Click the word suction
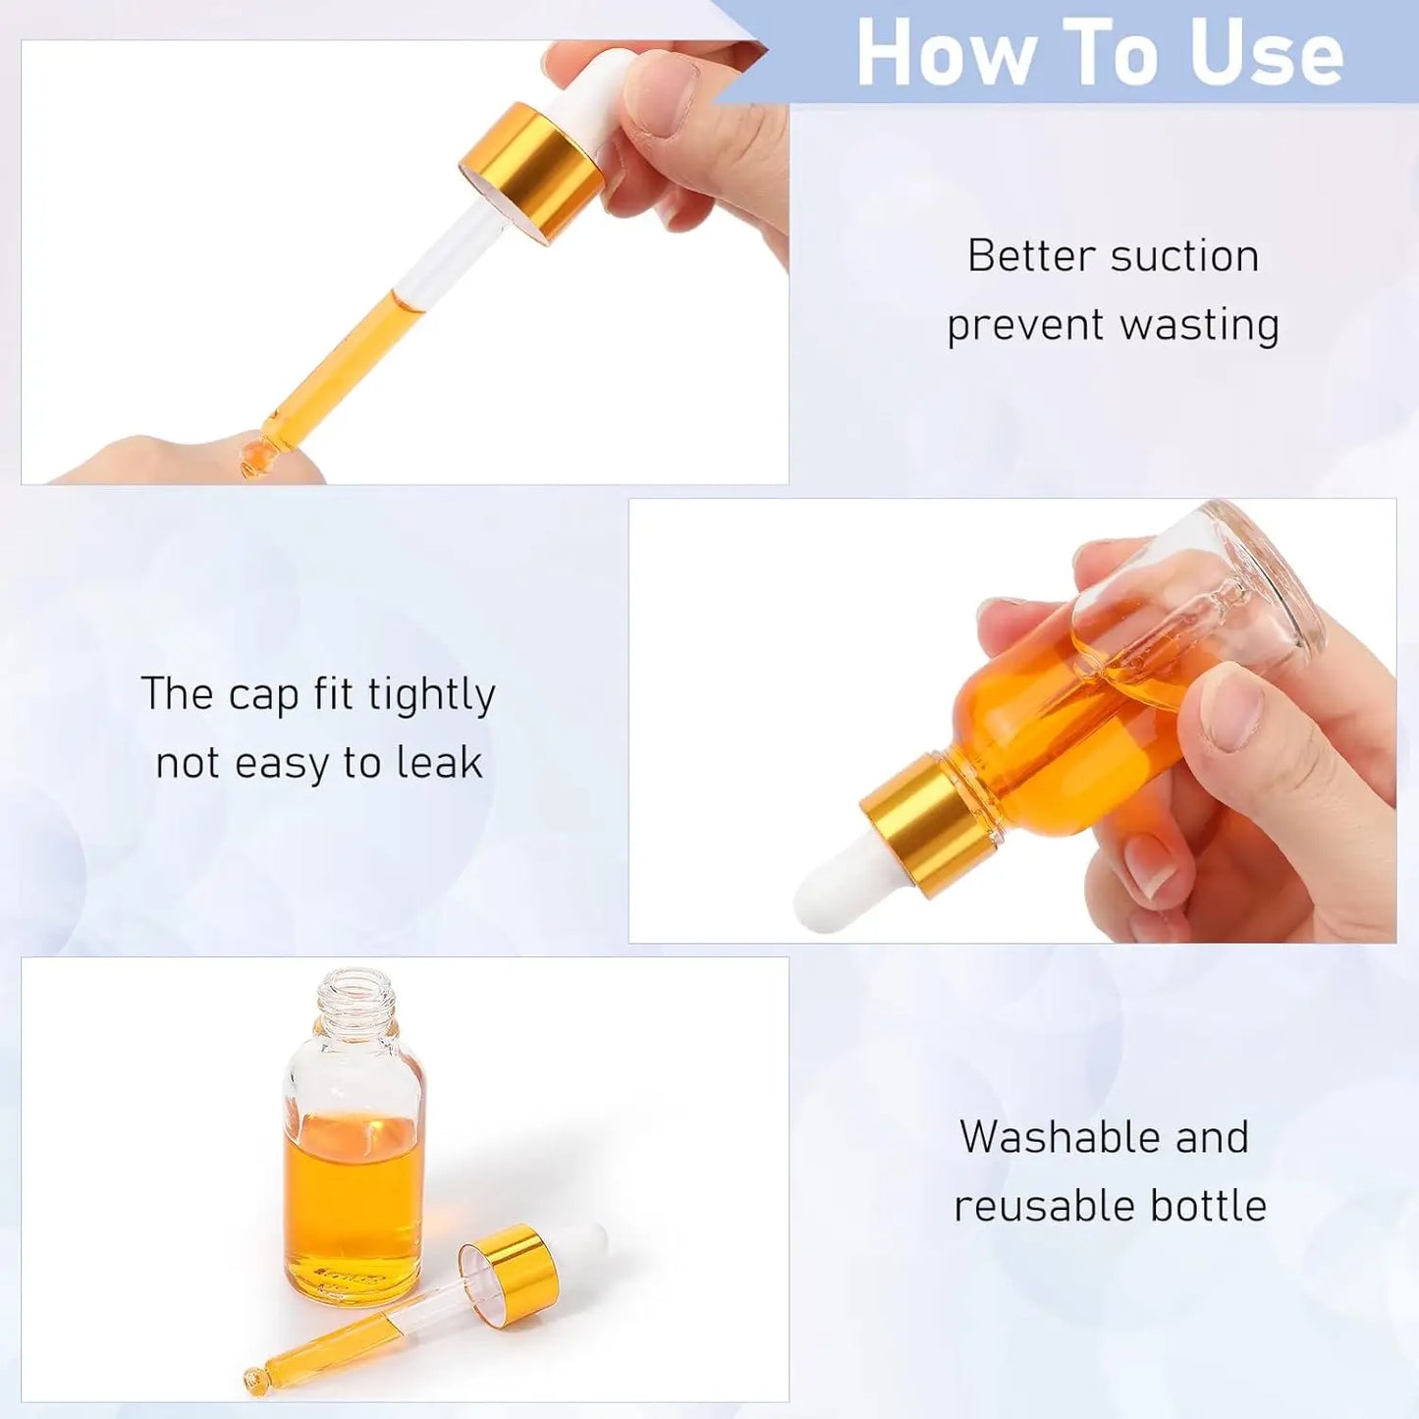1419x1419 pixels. point(1185,256)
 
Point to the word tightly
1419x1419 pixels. point(431,695)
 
